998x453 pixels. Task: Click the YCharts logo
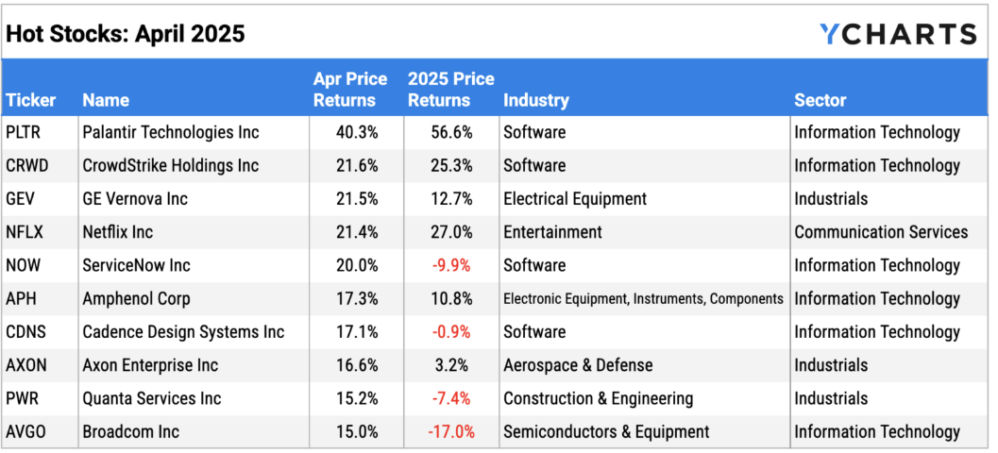[x=897, y=34]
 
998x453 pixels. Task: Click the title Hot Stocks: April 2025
[x=126, y=34]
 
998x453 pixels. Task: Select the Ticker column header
[x=31, y=99]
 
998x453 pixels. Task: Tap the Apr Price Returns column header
[x=345, y=90]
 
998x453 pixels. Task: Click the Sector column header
[x=820, y=99]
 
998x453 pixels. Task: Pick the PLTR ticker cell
[x=25, y=132]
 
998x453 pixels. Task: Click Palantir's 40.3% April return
[x=357, y=132]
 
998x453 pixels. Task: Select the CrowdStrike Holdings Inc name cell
[x=170, y=165]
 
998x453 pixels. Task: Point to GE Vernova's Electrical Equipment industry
[x=575, y=199]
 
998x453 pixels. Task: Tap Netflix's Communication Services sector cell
[x=880, y=232]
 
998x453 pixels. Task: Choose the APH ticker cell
[x=23, y=298]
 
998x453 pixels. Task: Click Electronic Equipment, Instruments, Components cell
[x=643, y=299]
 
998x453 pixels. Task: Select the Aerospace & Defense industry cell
[x=578, y=365]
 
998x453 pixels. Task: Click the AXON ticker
[x=27, y=365]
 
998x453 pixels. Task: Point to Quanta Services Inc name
[x=151, y=398]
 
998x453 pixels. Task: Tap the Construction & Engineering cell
[x=598, y=398]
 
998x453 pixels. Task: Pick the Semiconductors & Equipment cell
[x=606, y=431]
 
